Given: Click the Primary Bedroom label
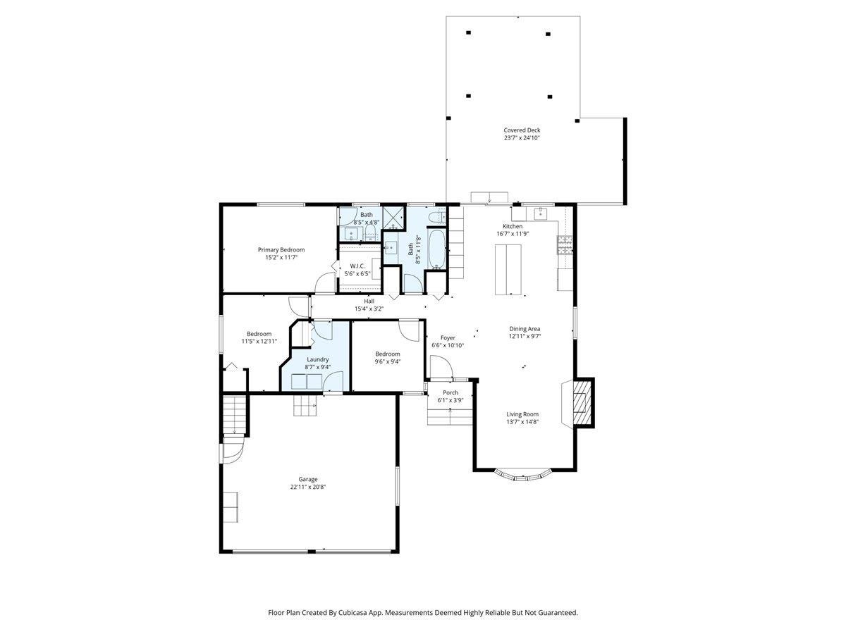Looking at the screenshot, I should click(281, 249).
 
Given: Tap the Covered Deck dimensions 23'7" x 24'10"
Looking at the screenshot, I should click(522, 138).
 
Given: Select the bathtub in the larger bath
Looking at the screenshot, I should click(436, 249).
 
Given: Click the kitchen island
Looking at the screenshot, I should click(508, 269).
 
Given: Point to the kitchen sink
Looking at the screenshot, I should click(541, 213).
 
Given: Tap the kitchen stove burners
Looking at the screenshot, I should click(565, 244).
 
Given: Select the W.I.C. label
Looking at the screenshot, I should click(357, 266).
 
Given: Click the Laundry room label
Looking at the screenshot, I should click(317, 359).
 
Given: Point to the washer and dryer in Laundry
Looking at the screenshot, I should click(307, 382).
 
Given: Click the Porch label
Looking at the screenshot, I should click(450, 392).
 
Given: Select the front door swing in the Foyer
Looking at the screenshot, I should click(441, 367).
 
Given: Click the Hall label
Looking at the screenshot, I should click(369, 301).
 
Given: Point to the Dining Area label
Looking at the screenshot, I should click(525, 328).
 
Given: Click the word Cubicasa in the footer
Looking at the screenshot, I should click(367, 613).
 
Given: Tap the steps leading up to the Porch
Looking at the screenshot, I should click(449, 416).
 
